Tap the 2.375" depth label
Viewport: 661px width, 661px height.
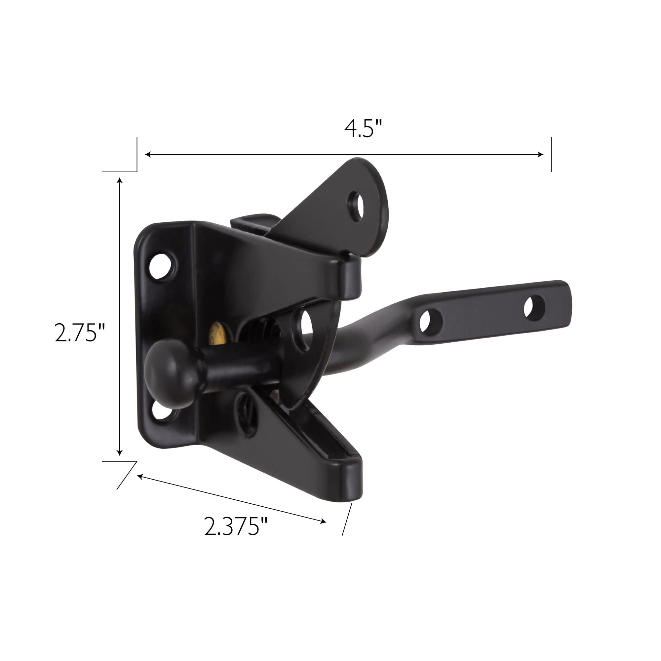coord(235,526)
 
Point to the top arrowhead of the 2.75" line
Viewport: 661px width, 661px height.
coord(119,181)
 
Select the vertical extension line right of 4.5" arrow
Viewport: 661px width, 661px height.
coord(551,154)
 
